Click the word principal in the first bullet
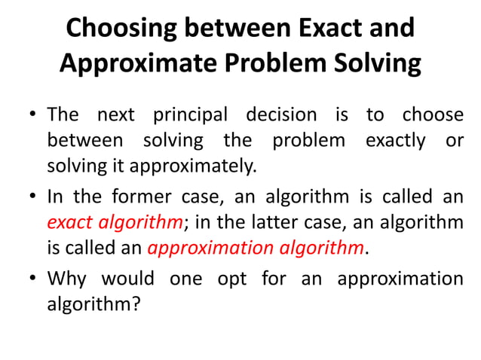point(190,115)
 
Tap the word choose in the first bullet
point(433,115)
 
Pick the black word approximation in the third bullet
point(400,279)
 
